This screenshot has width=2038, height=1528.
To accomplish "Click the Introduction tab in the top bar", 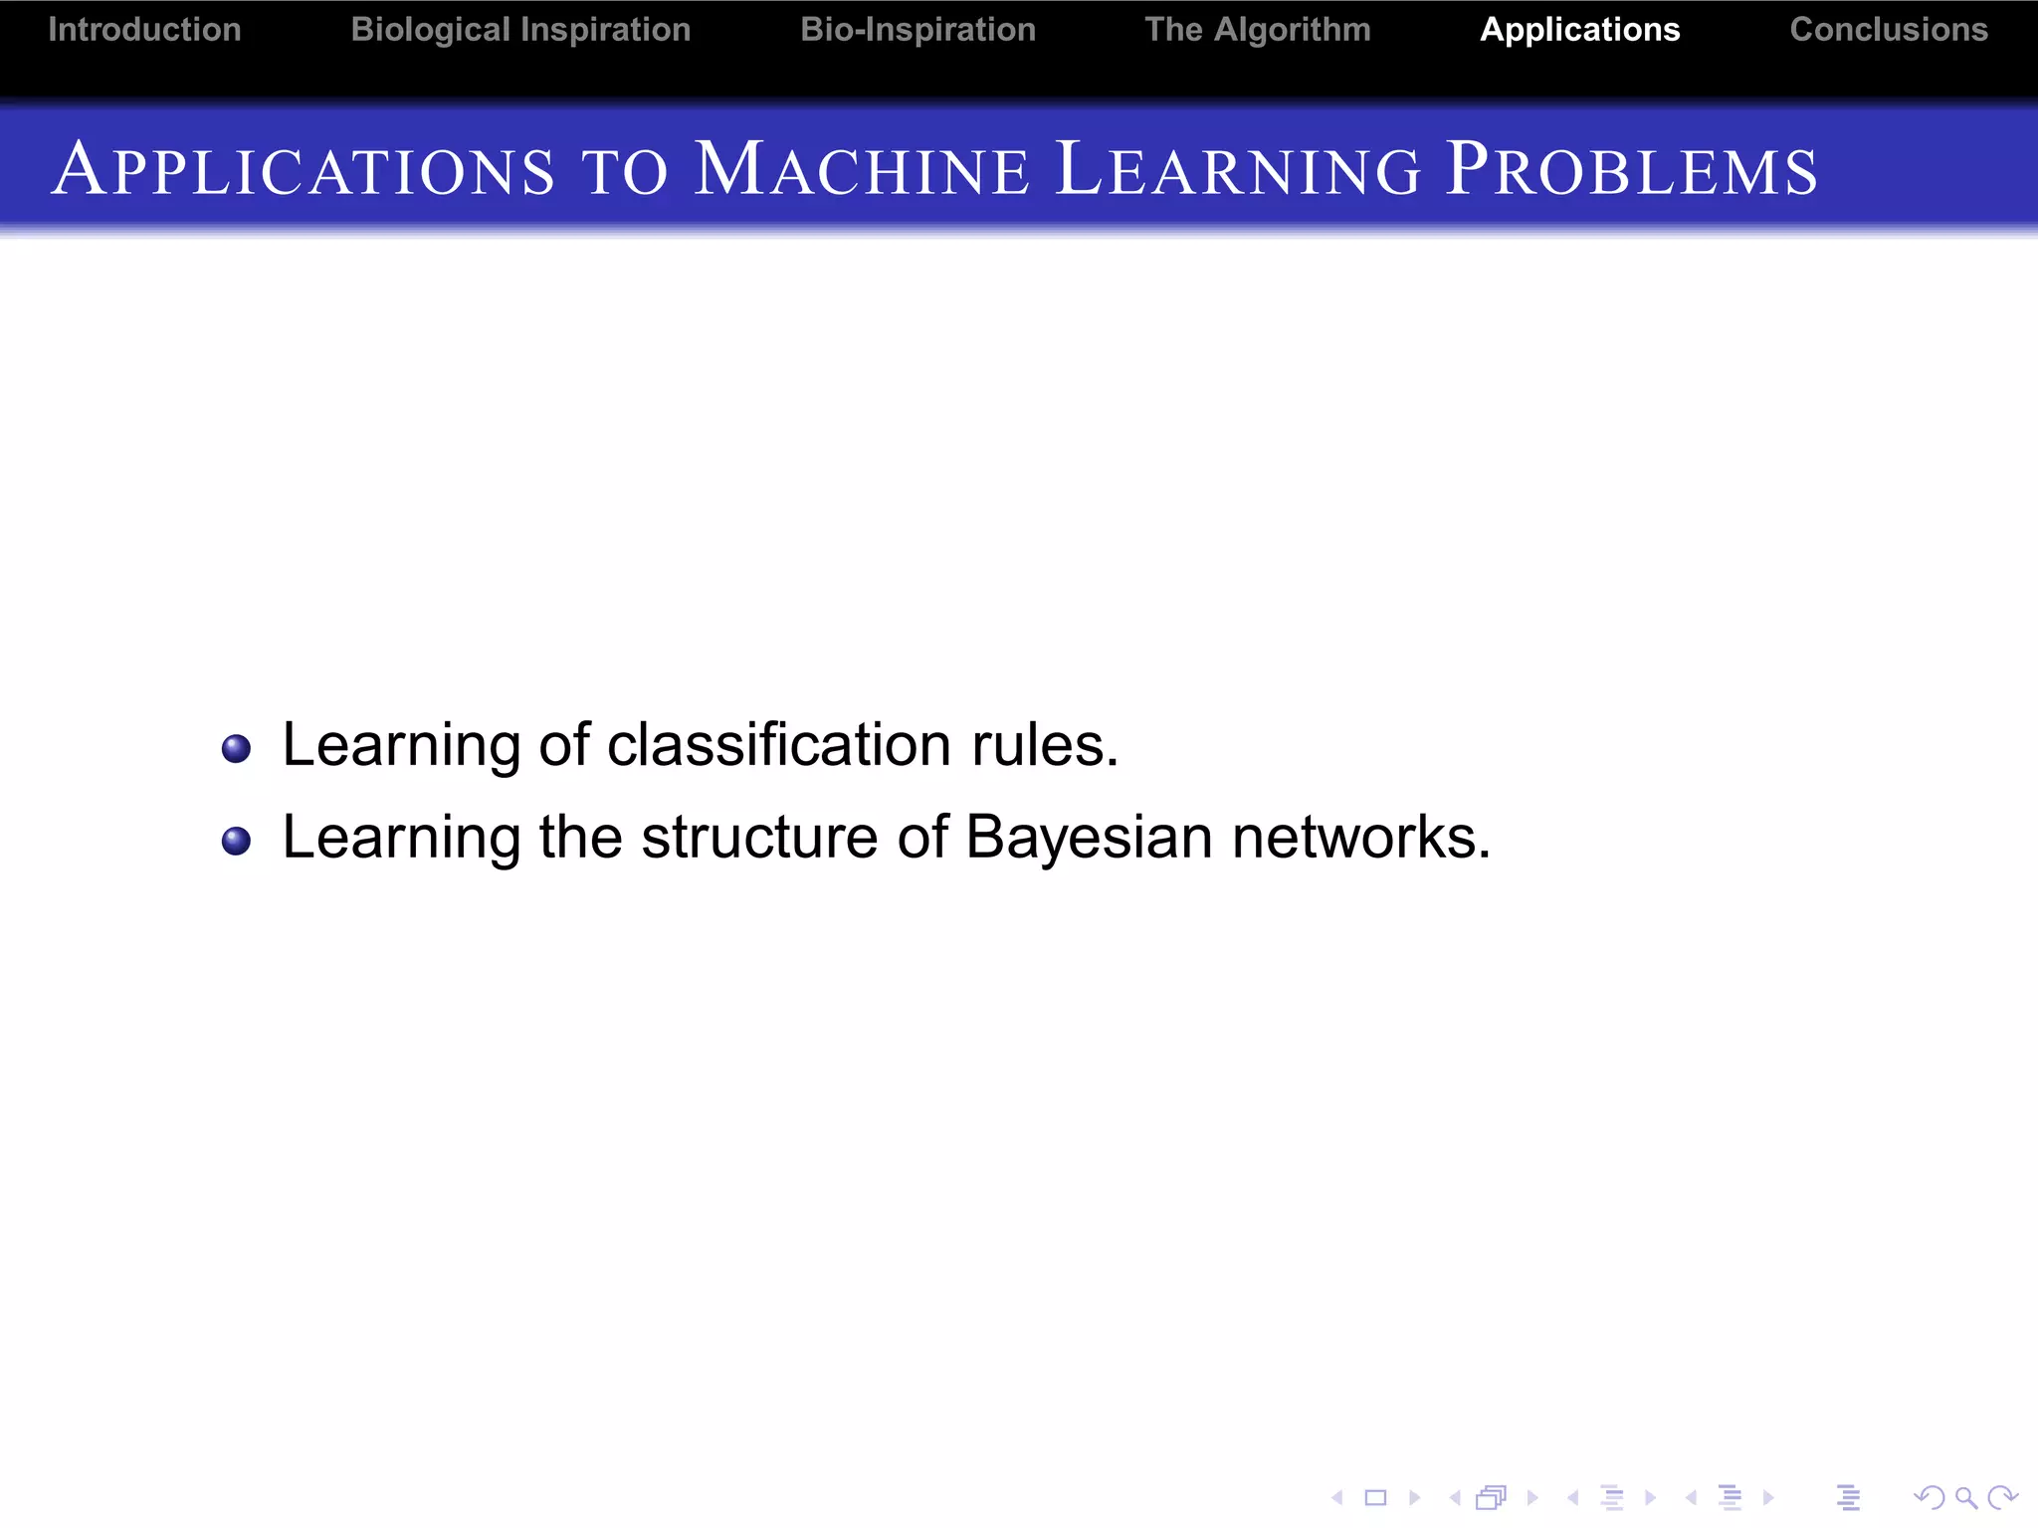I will pyautogui.click(x=144, y=30).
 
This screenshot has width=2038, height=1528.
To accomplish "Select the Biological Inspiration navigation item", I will pyautogui.click(x=520, y=30).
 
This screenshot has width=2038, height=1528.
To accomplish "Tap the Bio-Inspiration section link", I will pyautogui.click(x=917, y=30).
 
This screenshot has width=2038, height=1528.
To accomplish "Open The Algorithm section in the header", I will pyautogui.click(x=1257, y=30).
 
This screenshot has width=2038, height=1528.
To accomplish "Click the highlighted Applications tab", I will pyautogui.click(x=1579, y=30).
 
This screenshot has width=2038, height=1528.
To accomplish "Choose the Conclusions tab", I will pyautogui.click(x=1888, y=30).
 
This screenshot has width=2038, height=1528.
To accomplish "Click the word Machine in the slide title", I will pyautogui.click(x=861, y=169).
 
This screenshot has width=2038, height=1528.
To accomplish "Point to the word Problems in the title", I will pyautogui.click(x=1631, y=169).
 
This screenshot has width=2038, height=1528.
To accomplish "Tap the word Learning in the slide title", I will pyautogui.click(x=1238, y=169).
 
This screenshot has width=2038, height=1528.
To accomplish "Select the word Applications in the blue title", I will pyautogui.click(x=304, y=169).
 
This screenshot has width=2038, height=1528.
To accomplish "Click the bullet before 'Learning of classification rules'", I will pyautogui.click(x=236, y=748).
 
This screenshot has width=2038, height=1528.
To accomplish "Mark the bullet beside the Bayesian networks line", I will pyautogui.click(x=236, y=841).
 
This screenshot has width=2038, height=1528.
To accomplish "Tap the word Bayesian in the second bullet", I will pyautogui.click(x=1089, y=837).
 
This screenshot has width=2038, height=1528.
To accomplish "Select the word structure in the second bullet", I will pyautogui.click(x=759, y=837).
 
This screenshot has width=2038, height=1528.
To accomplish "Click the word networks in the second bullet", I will pyautogui.click(x=1360, y=837).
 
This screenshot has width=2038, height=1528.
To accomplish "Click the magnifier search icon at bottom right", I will pyautogui.click(x=1964, y=1497).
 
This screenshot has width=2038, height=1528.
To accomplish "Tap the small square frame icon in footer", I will pyautogui.click(x=1375, y=1497).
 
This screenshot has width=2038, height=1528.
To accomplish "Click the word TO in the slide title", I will pyautogui.click(x=624, y=171).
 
